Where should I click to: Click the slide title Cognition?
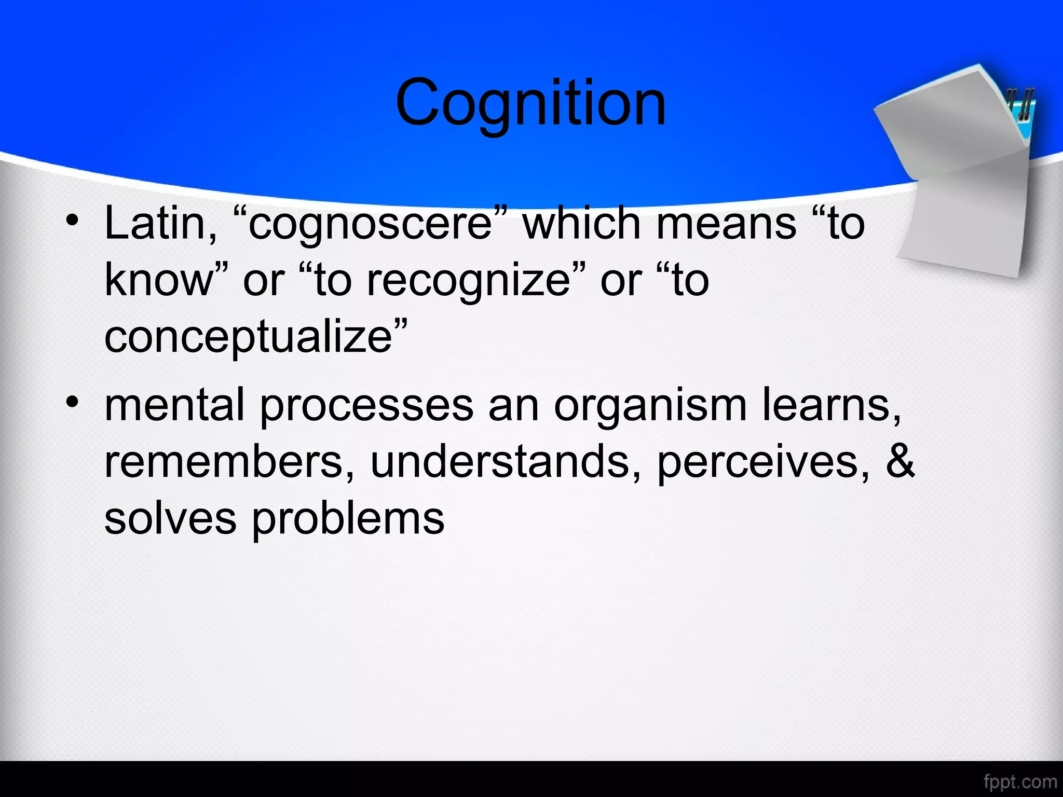(x=530, y=103)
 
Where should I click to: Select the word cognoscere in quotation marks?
(x=370, y=224)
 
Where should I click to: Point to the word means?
(x=726, y=224)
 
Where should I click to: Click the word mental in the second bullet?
(x=174, y=406)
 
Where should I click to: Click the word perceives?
(x=763, y=463)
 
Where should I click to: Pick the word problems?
(x=348, y=519)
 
